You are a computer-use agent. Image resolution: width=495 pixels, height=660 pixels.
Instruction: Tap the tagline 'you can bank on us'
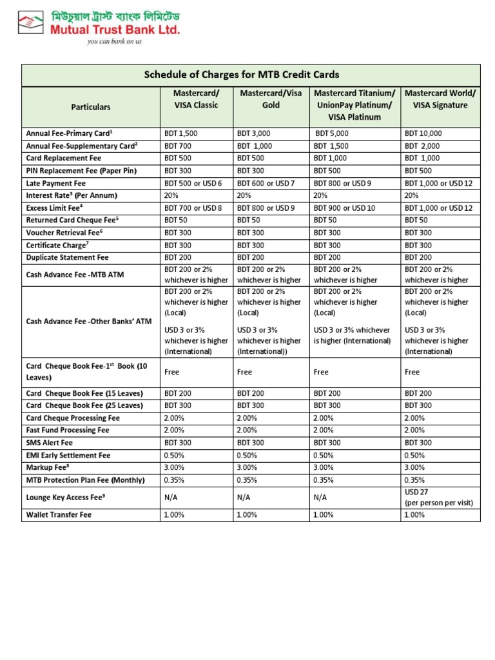pos(114,41)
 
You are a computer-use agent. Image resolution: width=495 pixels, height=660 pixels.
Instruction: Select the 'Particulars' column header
pos(91,106)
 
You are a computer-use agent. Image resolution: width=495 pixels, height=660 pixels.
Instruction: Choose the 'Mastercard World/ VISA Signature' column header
pos(440,99)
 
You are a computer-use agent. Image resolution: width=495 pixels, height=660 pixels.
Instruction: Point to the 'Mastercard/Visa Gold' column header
pos(271,99)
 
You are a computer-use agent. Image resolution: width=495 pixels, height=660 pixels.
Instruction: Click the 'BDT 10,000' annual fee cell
pos(423,133)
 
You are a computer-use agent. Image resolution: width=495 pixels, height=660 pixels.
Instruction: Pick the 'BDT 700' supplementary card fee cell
pos(178,146)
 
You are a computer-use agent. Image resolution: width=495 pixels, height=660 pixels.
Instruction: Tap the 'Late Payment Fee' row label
pos(55,183)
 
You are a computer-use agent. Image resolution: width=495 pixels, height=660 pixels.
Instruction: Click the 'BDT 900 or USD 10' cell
pos(343,208)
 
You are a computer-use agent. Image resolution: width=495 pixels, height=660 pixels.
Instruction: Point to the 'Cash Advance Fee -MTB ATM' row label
pos(75,275)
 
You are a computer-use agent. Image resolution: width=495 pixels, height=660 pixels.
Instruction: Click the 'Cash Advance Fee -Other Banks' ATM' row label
pos(88,320)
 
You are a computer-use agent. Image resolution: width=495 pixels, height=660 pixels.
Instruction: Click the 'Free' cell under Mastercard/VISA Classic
pos(171,372)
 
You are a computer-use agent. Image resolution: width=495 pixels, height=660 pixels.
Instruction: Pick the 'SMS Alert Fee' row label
pos(50,443)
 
